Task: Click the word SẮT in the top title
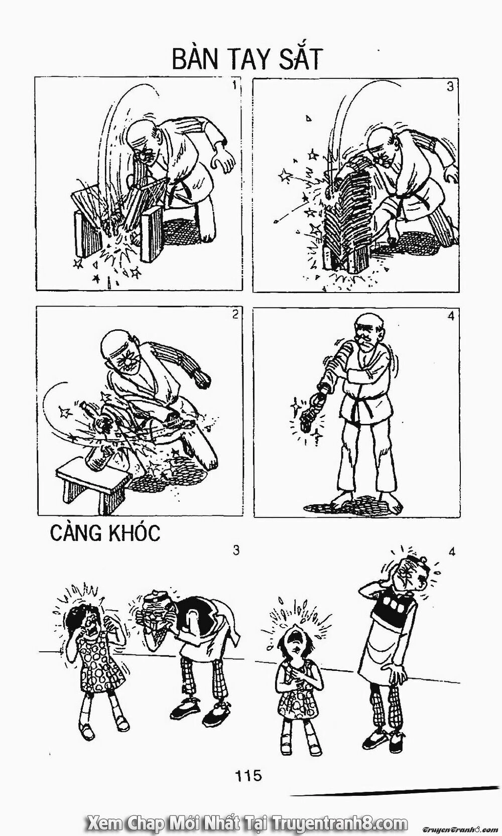click(296, 60)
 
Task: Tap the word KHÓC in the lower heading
click(134, 533)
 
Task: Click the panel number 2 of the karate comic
click(235, 316)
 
